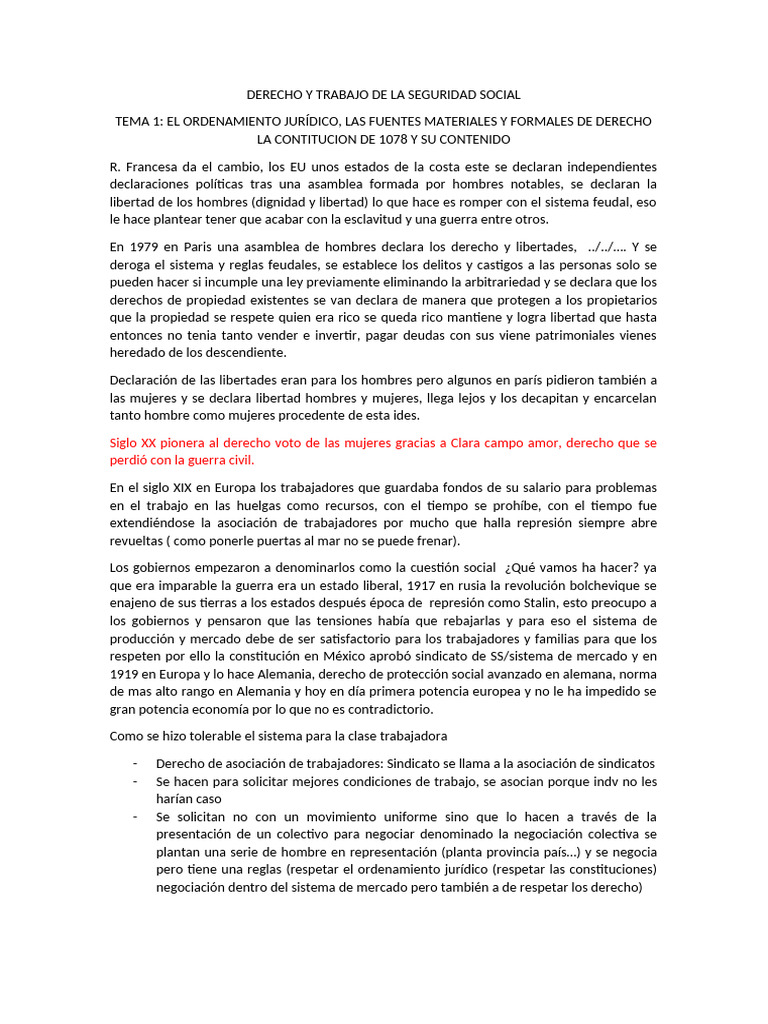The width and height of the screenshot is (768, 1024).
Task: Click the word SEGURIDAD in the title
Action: (x=440, y=95)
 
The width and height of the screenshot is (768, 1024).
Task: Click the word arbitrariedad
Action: (x=533, y=282)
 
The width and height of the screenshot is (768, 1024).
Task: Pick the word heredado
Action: (x=139, y=352)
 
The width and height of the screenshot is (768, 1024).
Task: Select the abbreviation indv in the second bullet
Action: (x=605, y=781)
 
